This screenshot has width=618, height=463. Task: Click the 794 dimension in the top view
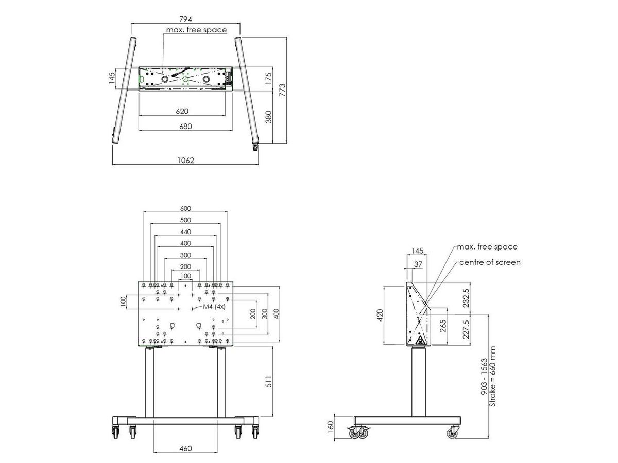coord(185,19)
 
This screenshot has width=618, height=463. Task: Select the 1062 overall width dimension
coord(185,160)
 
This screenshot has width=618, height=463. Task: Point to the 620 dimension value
coord(182,111)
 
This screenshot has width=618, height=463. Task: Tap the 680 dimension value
coord(182,127)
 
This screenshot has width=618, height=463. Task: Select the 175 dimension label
coord(267,78)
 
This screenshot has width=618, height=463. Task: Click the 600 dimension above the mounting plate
coord(185,208)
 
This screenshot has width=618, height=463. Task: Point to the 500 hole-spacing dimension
coord(185,220)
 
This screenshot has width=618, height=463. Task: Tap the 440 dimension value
coord(185,232)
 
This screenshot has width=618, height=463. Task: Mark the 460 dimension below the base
coord(185,448)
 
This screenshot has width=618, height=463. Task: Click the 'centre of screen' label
coord(490,262)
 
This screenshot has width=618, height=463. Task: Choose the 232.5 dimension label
coord(467,297)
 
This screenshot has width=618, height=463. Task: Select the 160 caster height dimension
coord(331,426)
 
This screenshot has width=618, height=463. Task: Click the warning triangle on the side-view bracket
coord(420,340)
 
